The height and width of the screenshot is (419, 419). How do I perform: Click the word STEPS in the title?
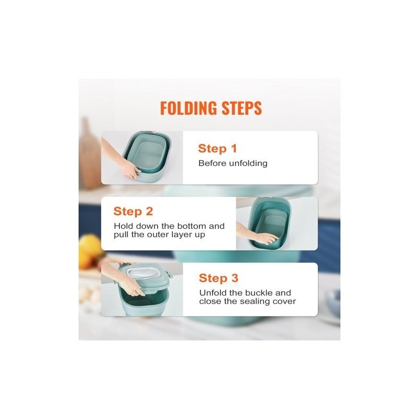click(242, 108)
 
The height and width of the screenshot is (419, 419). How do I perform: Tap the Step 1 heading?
click(217, 149)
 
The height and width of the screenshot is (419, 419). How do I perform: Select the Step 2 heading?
click(133, 212)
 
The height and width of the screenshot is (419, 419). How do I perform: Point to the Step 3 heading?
click(218, 278)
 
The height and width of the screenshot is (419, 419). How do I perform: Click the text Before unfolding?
click(233, 163)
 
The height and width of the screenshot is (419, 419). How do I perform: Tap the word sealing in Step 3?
click(255, 302)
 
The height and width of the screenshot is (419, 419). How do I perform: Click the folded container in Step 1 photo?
click(148, 157)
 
